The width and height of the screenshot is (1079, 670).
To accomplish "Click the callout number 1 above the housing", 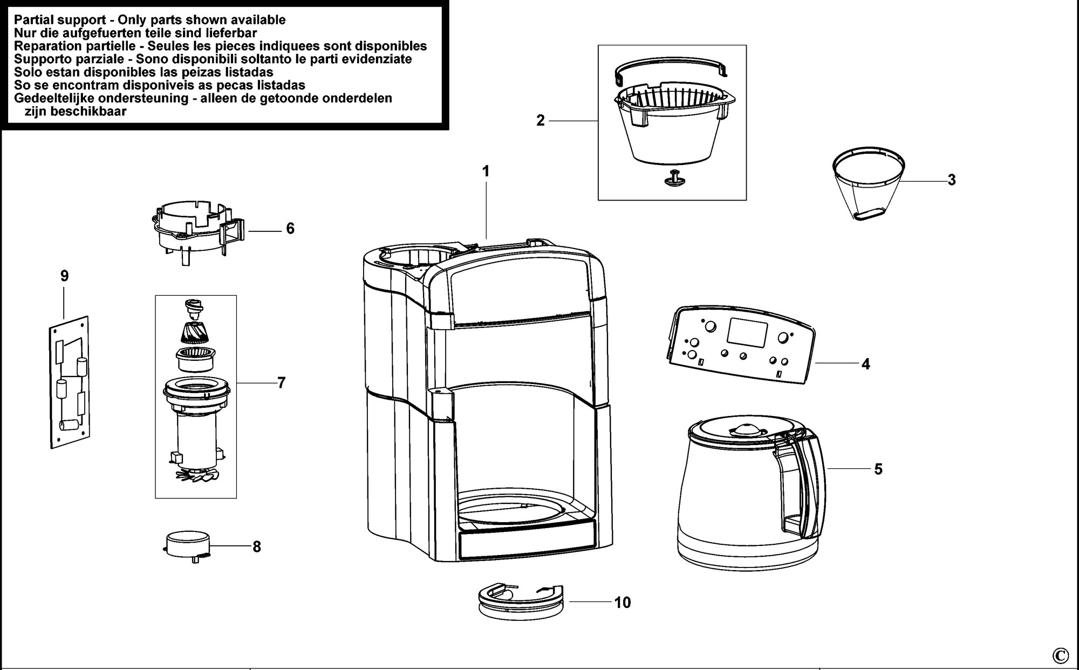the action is (486, 172).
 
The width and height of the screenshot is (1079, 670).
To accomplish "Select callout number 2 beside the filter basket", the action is (541, 121).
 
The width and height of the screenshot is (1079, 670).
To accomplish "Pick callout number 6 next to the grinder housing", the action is (290, 229).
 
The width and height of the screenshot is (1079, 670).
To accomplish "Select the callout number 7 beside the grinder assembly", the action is (281, 383).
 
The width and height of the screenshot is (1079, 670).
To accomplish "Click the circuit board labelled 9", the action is (69, 382).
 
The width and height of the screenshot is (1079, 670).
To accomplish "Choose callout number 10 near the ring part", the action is (622, 603).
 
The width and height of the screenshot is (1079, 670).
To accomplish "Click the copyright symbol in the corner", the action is (1060, 655).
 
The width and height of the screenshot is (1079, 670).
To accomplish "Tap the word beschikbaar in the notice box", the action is (94, 111).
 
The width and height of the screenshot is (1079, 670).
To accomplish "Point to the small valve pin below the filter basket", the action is (673, 179).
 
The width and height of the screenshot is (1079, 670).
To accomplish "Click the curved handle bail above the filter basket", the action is (672, 74).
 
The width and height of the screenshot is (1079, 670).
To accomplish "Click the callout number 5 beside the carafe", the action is (878, 469).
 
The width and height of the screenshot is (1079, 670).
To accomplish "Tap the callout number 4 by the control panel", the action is (865, 364).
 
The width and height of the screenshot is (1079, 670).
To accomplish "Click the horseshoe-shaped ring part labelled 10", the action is (521, 600).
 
